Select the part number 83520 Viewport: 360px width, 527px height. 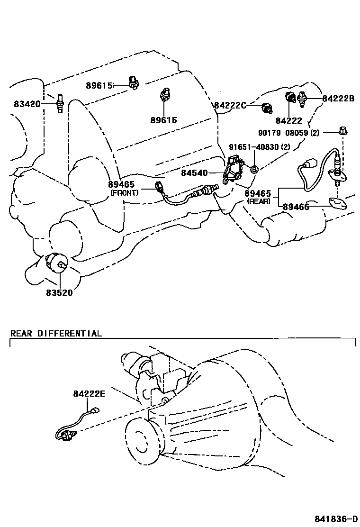(59, 292)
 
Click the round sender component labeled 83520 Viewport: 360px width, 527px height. (56, 262)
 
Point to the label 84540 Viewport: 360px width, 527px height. (195, 173)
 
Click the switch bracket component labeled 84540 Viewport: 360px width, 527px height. (232, 170)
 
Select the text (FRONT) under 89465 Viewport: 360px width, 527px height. (124, 193)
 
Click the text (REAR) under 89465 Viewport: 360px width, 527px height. (258, 201)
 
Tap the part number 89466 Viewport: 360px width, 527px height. (296, 207)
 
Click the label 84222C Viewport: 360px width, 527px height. (230, 105)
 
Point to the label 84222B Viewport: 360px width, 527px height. (338, 99)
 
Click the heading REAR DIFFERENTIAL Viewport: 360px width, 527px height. (56, 333)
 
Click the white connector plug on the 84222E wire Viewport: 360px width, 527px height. (97, 412)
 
